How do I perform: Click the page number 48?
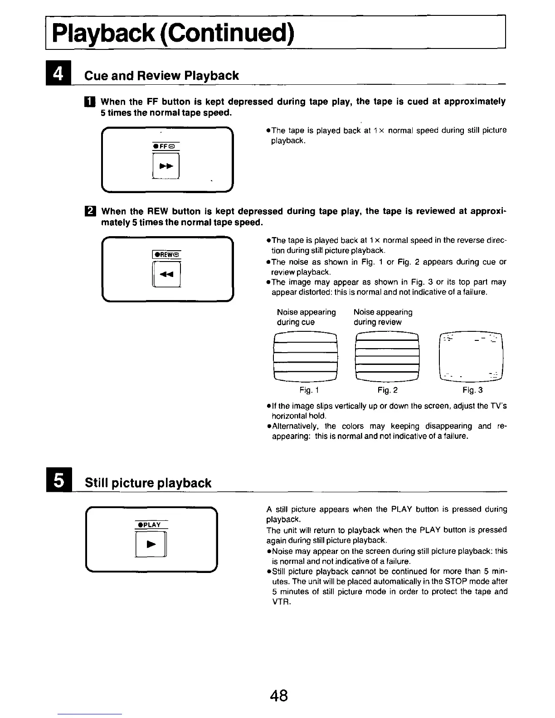click(278, 695)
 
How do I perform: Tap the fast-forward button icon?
click(166, 167)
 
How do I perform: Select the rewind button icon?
click(167, 274)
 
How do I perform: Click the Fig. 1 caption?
click(310, 390)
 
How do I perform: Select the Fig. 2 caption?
click(387, 390)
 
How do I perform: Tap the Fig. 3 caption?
click(472, 390)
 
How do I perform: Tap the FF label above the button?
click(166, 146)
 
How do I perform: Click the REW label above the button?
click(167, 254)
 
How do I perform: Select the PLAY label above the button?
click(151, 525)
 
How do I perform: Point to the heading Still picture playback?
click(148, 483)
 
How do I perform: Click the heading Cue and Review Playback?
click(161, 76)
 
